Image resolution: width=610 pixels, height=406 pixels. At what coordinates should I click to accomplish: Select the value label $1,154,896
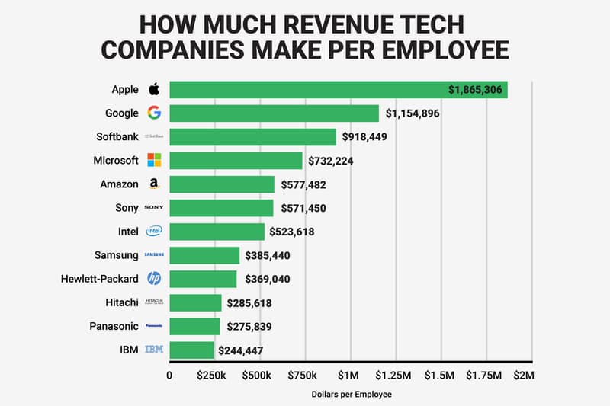[413, 113]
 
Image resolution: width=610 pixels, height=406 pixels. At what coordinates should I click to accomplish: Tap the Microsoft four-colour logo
[154, 161]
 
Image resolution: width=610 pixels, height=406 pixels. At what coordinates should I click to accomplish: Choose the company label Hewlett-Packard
[100, 279]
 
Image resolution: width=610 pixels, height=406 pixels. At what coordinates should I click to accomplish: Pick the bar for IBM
[191, 350]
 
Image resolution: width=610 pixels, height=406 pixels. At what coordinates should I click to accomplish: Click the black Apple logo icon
[153, 89]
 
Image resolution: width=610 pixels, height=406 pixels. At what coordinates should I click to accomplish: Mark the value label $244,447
[246, 350]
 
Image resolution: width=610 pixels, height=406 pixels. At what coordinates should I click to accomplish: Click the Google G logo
[154, 113]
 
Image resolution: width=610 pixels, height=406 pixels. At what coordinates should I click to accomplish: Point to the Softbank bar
[252, 137]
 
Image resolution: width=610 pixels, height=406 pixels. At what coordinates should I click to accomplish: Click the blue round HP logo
[154, 279]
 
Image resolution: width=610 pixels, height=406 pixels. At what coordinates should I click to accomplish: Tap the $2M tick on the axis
[524, 376]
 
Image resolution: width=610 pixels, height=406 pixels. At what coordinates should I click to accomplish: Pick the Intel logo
[154, 232]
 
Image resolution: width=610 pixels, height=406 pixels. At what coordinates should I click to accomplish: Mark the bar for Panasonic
[194, 326]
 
